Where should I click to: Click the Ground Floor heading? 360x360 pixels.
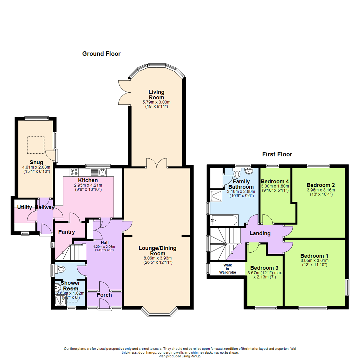[x=101, y=54]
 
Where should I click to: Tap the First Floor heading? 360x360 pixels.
[x=277, y=154]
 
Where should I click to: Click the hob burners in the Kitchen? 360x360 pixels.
[x=74, y=172]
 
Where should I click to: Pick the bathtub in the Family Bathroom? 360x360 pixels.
[x=225, y=220]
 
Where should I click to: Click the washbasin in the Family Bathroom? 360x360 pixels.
[x=248, y=171]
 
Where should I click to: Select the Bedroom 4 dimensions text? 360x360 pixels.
[x=274, y=189]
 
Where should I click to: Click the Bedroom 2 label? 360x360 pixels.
[x=321, y=185]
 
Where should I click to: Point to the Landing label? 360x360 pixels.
[x=260, y=233]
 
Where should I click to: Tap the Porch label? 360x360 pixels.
[x=104, y=295]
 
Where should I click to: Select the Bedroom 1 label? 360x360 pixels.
[x=314, y=256]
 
